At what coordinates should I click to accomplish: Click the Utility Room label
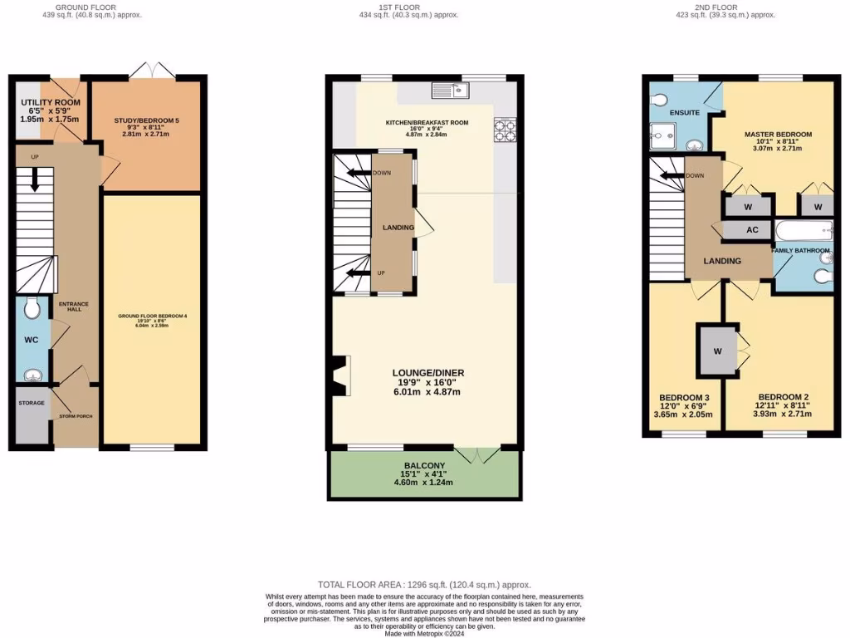coord(50,103)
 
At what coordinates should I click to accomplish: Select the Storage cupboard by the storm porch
coord(32,414)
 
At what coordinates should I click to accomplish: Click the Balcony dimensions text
coord(424,479)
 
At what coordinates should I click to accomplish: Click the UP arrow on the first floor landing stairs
coord(358,272)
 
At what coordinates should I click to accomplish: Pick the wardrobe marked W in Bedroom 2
coord(717,350)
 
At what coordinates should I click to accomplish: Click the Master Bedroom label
coord(778,134)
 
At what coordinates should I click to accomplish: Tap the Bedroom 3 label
coord(684,397)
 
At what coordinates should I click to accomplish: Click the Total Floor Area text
coord(424,585)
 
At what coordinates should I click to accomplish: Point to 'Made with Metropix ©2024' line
coord(424,632)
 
